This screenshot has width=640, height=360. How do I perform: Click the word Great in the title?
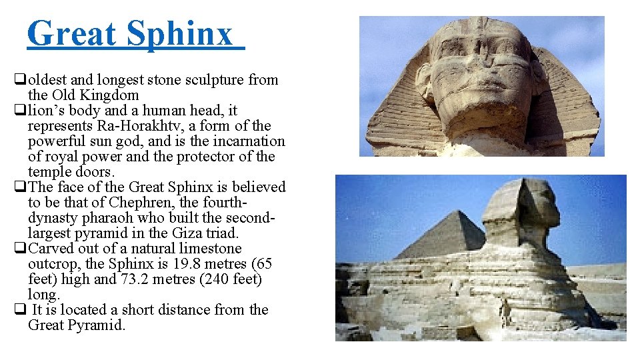[71, 33]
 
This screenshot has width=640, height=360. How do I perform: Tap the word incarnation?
[250, 141]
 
